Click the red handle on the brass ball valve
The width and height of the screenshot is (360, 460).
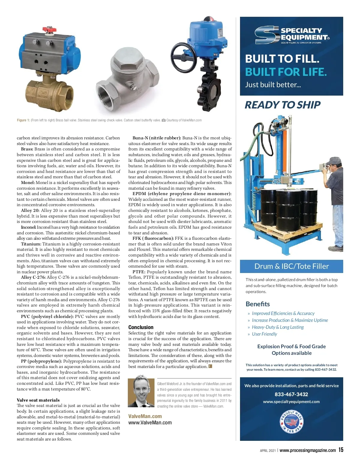[48, 30]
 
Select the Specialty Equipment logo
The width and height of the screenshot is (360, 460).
[292, 35]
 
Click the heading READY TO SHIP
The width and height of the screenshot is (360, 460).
[282, 105]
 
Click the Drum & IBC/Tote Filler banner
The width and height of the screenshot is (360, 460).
[291, 266]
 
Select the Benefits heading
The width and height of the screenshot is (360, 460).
[258, 304]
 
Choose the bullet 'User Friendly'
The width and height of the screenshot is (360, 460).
[264, 334]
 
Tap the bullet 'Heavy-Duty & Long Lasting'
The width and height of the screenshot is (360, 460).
[277, 327]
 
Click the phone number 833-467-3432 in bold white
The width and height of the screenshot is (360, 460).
[291, 394]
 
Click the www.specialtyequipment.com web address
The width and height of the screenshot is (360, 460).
[291, 402]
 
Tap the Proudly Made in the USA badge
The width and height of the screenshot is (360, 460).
[292, 422]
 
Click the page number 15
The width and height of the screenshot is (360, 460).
[341, 450]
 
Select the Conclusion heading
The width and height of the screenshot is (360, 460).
[141, 327]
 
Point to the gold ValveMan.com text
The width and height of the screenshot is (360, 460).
[145, 416]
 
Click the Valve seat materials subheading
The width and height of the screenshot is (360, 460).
[38, 400]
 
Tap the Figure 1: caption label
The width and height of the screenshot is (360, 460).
[23, 120]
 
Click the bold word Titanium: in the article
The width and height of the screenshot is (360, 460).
[31, 244]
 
